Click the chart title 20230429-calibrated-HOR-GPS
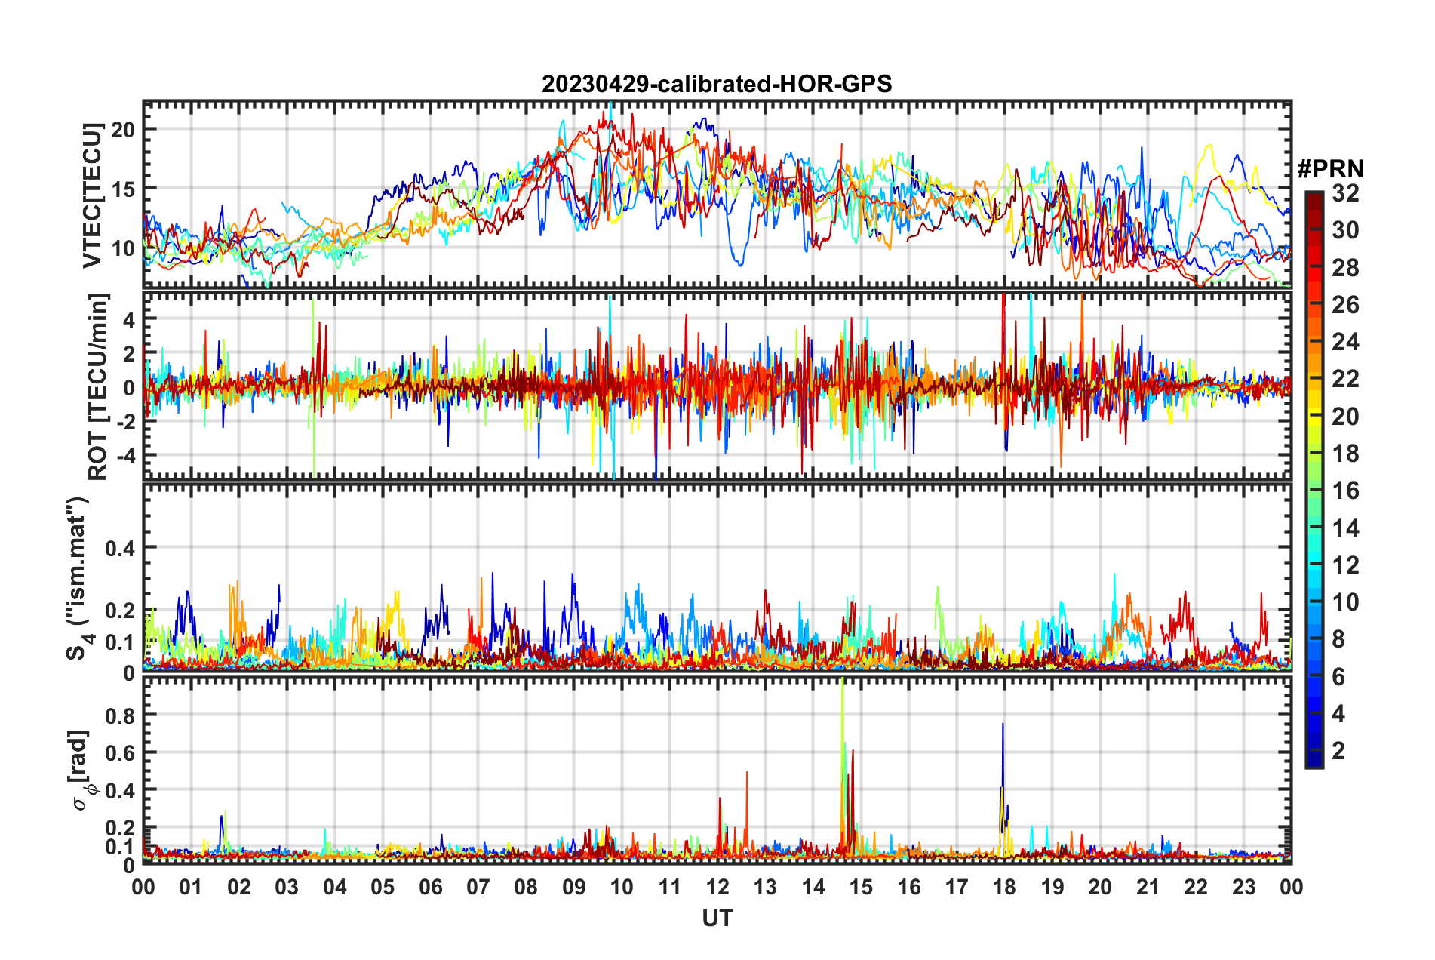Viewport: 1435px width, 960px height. (717, 84)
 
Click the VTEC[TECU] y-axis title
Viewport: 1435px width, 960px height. (92, 195)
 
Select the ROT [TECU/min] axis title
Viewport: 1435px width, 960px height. (98, 386)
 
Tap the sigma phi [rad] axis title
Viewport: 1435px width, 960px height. (81, 770)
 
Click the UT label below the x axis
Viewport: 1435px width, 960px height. (717, 918)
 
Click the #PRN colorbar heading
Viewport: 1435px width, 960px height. (1330, 168)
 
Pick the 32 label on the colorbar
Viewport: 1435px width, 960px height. (1345, 193)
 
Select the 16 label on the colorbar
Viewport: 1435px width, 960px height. (1345, 491)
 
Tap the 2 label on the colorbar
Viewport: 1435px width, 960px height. (1338, 750)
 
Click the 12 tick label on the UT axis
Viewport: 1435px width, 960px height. (717, 887)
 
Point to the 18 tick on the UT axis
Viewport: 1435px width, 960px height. (1004, 887)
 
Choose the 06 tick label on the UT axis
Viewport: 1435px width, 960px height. (430, 887)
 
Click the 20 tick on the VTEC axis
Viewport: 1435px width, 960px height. (123, 130)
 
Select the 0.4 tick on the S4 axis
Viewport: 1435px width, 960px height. (120, 548)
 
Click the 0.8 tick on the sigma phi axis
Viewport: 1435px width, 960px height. (120, 715)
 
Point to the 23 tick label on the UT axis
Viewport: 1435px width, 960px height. (1243, 887)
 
